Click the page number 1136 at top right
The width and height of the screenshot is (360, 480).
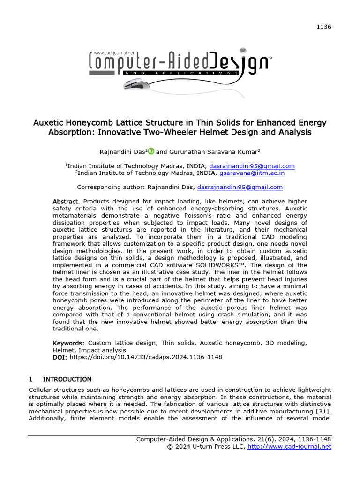point(324,27)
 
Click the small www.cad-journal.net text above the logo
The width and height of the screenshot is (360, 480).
point(113,53)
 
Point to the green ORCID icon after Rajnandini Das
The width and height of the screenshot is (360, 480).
point(151,151)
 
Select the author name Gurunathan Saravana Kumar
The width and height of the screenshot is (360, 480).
point(211,151)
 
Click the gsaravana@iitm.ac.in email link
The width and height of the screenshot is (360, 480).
point(252,173)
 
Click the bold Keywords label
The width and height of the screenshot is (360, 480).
point(68,343)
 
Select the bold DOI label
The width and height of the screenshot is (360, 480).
point(60,357)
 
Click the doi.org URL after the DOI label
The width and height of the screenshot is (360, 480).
point(146,357)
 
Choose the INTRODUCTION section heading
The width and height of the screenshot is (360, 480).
point(67,379)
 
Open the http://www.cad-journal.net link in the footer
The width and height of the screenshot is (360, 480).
point(289,447)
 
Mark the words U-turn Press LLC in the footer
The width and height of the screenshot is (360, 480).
point(220,447)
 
